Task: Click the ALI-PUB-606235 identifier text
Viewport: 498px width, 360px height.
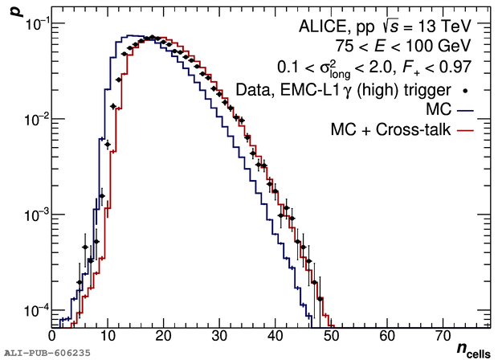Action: (x=47, y=352)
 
